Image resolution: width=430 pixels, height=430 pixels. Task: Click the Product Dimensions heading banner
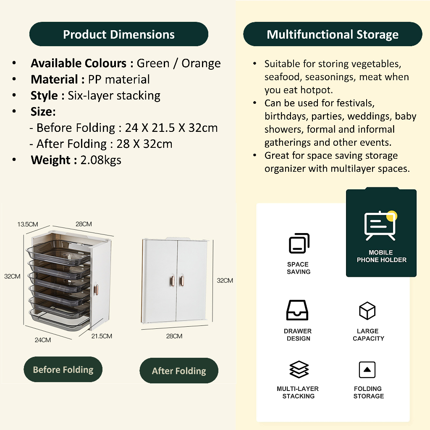[119, 34]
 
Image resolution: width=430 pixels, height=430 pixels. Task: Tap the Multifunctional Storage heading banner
[333, 34]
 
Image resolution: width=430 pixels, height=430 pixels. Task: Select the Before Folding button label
[63, 370]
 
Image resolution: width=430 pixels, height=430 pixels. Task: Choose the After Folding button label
[179, 371]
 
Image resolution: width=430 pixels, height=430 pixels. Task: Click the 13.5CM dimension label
[27, 224]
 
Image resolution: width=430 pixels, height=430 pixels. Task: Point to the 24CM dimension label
[43, 340]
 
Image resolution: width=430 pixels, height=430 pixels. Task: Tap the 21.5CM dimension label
[102, 336]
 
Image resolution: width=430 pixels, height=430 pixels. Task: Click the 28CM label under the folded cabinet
[174, 336]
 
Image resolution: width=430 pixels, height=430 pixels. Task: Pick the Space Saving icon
[299, 243]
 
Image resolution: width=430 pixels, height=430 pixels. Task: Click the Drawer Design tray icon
[297, 310]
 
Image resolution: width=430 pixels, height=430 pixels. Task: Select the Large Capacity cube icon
[367, 311]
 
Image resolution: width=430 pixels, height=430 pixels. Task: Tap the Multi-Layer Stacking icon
[299, 370]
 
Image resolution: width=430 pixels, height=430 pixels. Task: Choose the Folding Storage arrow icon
[367, 370]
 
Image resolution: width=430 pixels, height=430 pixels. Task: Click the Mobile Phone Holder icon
[380, 225]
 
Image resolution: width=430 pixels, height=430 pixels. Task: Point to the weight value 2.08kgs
[101, 160]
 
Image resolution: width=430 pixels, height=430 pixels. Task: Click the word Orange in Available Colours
[201, 63]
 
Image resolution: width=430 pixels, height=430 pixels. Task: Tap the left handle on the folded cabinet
[173, 281]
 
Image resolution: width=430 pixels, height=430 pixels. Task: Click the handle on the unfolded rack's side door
[96, 290]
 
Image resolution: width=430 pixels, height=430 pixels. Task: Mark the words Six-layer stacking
[114, 96]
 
